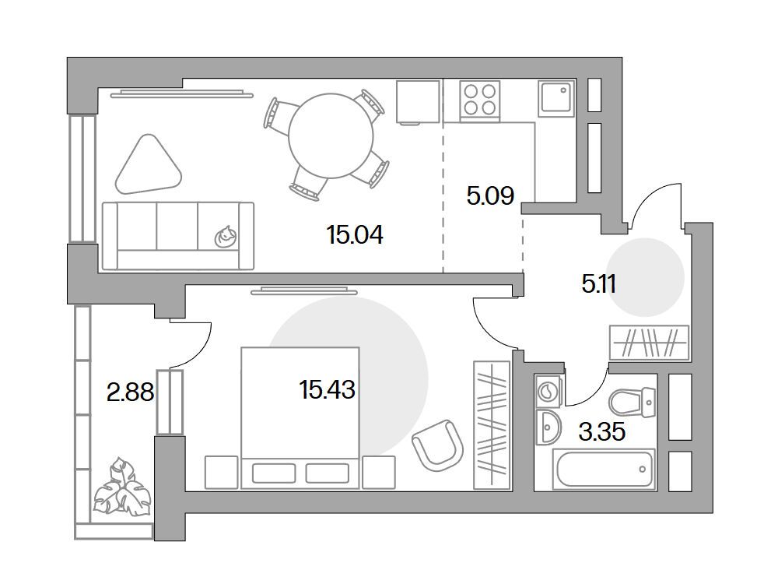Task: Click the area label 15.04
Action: tap(355, 235)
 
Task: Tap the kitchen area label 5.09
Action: tap(490, 195)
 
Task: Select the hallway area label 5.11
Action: tap(599, 284)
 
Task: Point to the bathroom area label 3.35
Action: tap(602, 431)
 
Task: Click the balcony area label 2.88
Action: tap(131, 392)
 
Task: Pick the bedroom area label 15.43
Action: tap(328, 390)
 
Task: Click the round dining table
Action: tap(331, 135)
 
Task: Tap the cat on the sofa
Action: tap(225, 237)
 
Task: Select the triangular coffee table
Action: tap(149, 164)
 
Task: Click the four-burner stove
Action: tap(480, 100)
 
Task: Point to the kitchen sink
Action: tap(556, 98)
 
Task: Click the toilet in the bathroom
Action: tap(632, 401)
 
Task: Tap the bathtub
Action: tap(604, 470)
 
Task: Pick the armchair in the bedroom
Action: tap(437, 445)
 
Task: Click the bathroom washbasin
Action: tap(548, 426)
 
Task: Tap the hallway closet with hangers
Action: tap(649, 343)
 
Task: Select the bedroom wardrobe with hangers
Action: tap(492, 425)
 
